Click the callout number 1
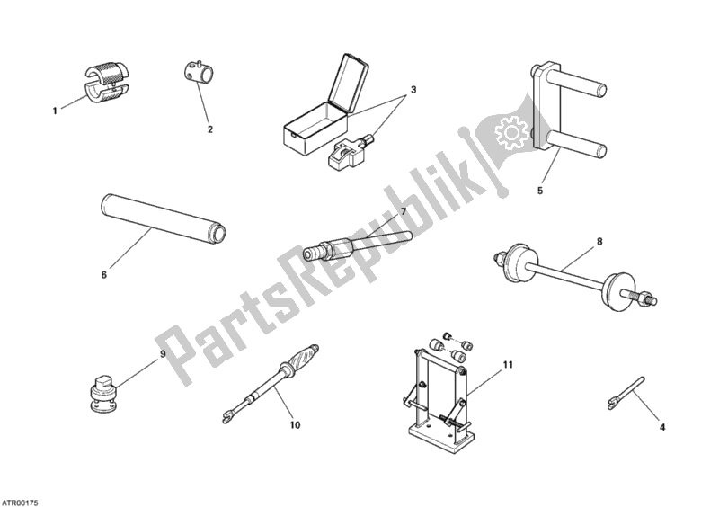pyautogui.click(x=54, y=111)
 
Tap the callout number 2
pyautogui.click(x=209, y=129)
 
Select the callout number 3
pyautogui.click(x=413, y=90)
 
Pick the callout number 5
pyautogui.click(x=540, y=191)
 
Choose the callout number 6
pyautogui.click(x=103, y=274)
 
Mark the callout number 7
pyautogui.click(x=404, y=212)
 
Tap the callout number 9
pyautogui.click(x=163, y=354)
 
